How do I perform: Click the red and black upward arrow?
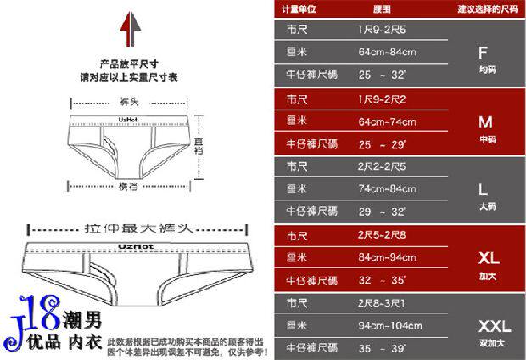[130, 31]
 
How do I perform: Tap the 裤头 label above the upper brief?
[130, 103]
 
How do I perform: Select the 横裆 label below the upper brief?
[128, 185]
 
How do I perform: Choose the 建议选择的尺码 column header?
[487, 9]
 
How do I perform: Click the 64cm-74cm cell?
[383, 121]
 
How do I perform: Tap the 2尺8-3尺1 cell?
[381, 303]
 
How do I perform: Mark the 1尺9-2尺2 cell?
[381, 98]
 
